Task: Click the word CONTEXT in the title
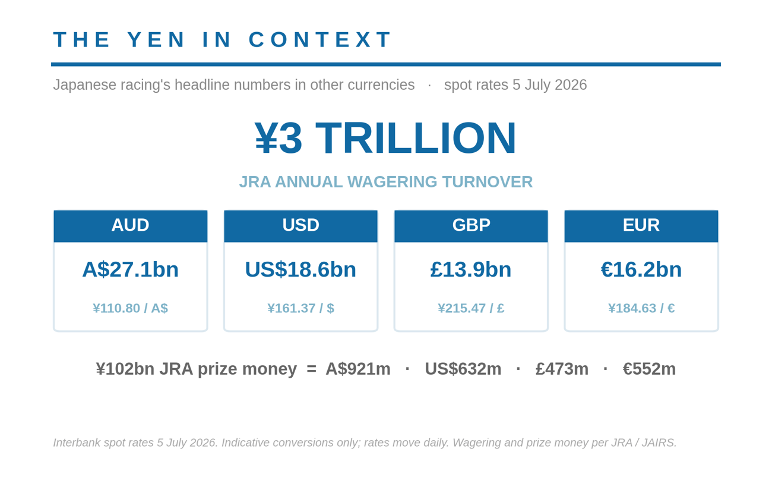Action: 320,39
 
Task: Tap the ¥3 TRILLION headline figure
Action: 385,138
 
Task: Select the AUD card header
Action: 130,226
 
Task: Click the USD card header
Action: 300,226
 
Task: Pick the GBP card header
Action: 471,226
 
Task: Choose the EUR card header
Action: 641,226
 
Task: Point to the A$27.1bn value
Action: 130,269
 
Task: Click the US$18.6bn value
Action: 300,269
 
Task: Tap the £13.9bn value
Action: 471,269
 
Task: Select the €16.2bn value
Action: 641,269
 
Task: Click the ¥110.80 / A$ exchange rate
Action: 130,308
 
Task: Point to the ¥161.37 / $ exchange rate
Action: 301,308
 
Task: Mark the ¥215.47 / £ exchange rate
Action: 471,308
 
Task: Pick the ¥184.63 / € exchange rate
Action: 641,308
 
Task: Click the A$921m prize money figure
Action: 358,369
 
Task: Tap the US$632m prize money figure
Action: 463,369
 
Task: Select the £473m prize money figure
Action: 562,369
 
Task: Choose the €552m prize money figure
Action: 649,369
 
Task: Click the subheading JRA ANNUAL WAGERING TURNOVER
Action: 386,182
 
